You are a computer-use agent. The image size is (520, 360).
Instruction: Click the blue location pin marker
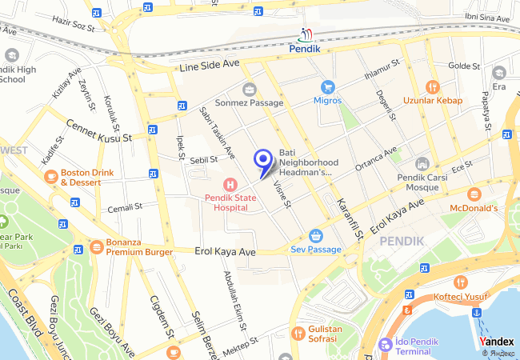click(262, 160)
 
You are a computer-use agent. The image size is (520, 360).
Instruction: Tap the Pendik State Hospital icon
click(230, 185)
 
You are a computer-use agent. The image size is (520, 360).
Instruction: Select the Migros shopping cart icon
click(326, 87)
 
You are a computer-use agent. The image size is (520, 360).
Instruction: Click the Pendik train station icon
click(306, 34)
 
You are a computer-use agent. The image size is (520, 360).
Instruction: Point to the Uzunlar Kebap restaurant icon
click(433, 87)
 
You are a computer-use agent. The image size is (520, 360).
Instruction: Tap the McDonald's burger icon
click(474, 194)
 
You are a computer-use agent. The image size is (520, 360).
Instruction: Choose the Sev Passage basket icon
click(316, 236)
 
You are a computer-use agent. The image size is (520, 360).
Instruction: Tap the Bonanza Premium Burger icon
click(96, 246)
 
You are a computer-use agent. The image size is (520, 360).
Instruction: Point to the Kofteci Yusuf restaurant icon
click(461, 282)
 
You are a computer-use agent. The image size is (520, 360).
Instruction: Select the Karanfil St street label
click(350, 218)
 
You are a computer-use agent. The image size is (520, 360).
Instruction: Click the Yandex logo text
click(498, 341)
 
